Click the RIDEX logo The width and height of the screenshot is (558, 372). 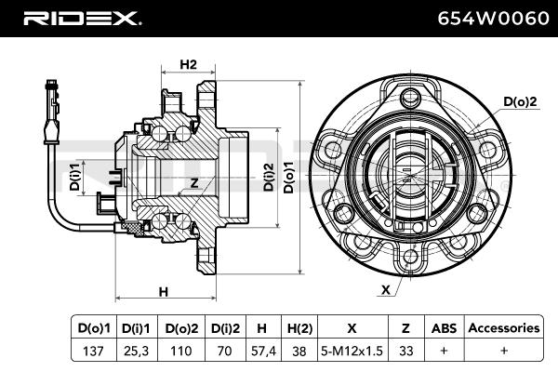point(81,18)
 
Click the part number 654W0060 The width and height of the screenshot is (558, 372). point(485,18)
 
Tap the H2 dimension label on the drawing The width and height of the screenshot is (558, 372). point(188,64)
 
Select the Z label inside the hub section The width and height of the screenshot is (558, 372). point(193,182)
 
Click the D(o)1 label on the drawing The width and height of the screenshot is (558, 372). point(289,176)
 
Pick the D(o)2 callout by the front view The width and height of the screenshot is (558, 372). point(521,101)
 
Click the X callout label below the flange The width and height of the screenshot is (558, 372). point(385,289)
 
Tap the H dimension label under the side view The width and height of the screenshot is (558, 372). point(164,291)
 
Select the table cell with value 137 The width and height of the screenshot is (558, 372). point(93,351)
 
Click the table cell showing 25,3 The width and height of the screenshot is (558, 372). point(136,351)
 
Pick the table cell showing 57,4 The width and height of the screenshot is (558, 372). point(261,351)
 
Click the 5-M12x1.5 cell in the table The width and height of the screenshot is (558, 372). point(351,351)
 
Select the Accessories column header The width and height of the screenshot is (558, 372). point(502,328)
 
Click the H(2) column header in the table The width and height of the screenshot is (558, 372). point(299,328)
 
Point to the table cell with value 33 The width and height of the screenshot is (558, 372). point(405,351)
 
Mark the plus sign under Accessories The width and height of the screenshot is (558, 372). point(502,351)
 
